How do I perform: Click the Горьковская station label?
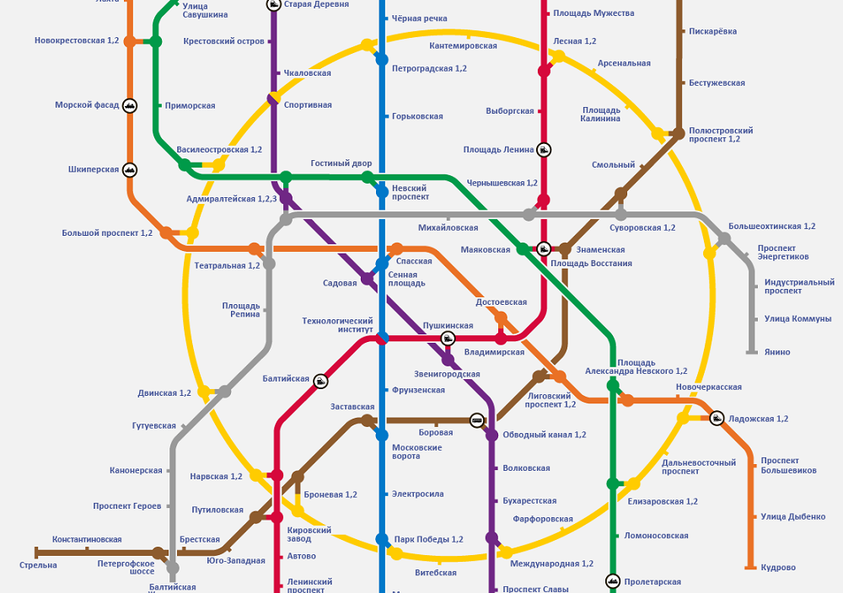(x=417, y=116)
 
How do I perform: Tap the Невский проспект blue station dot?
(x=382, y=191)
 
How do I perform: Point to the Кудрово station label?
(x=778, y=568)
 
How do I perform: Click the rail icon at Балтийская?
(x=320, y=381)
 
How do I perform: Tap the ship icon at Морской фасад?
(x=130, y=105)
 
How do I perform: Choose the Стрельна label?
(x=38, y=564)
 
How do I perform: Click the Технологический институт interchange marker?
(x=382, y=338)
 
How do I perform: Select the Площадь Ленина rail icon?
(x=544, y=150)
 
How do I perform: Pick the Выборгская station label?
(x=510, y=111)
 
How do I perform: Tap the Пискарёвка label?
(x=712, y=31)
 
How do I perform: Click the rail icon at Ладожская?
(x=716, y=418)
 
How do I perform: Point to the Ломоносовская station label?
(x=656, y=536)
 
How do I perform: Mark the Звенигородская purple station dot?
(x=448, y=360)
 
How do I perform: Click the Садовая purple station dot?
(x=368, y=279)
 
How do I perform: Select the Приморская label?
(x=190, y=105)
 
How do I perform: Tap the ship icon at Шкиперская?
(x=130, y=169)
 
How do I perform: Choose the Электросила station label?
(x=418, y=494)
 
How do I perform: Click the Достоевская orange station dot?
(x=501, y=318)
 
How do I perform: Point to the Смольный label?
(x=613, y=165)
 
